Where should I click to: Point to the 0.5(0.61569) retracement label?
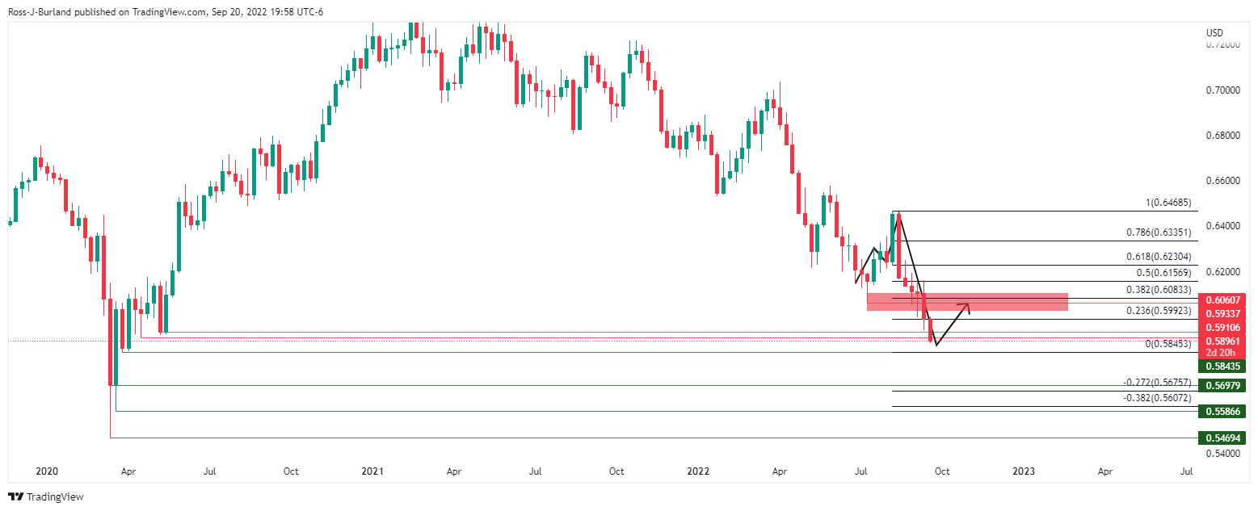point(1163,273)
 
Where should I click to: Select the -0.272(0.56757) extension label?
point(1159,383)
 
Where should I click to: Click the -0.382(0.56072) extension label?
point(1159,398)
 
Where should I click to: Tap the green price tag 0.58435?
point(1222,366)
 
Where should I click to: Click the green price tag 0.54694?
point(1222,438)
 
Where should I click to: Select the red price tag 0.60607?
point(1222,299)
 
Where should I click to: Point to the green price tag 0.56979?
point(1222,385)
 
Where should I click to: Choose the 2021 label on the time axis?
point(372,471)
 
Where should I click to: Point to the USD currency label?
point(1214,33)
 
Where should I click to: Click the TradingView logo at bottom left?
point(47,497)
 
